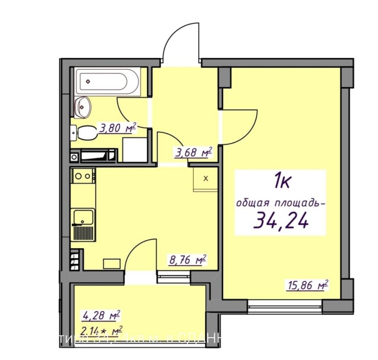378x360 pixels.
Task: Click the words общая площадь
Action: click(x=278, y=202)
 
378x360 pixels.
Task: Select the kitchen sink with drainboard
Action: click(x=84, y=225)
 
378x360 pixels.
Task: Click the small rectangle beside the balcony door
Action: click(x=111, y=263)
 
